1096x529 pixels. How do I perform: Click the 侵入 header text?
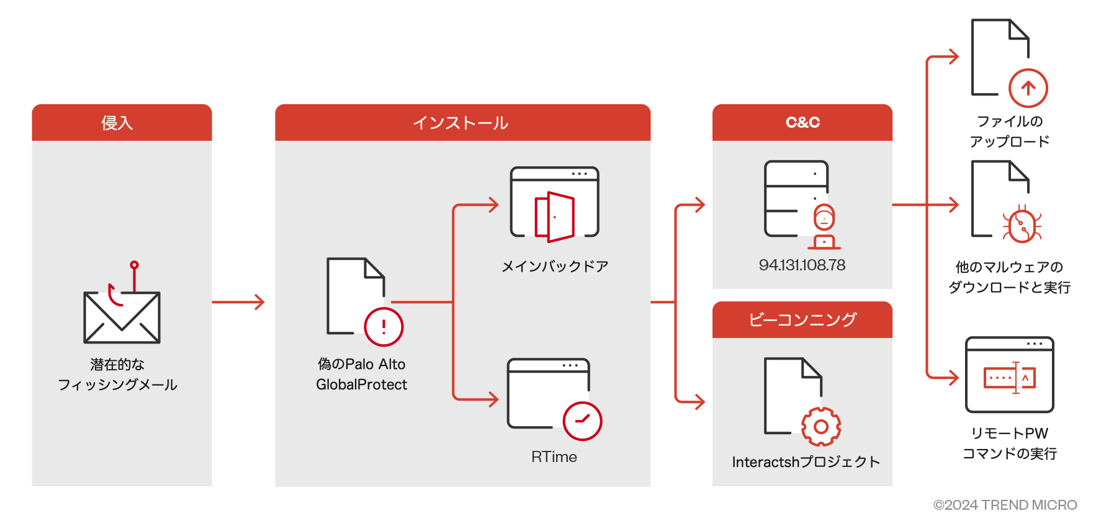pos(117,123)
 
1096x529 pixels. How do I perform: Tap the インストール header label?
pos(461,123)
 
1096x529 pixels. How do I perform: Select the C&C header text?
pos(802,123)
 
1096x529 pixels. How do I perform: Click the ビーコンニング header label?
pos(802,320)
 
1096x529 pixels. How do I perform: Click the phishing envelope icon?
pos(122,318)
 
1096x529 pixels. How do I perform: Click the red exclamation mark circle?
pos(384,327)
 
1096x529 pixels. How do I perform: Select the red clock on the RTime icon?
pos(582,421)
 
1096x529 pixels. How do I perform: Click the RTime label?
pos(554,457)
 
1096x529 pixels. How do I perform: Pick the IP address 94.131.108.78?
pos(802,265)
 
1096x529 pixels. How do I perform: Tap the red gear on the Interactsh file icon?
pos(820,427)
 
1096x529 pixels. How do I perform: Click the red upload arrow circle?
pos(1028,88)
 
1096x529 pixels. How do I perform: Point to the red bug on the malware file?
pos(1022,225)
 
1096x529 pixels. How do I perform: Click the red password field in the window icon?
pos(1009,378)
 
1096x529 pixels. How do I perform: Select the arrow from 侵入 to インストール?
pos(238,302)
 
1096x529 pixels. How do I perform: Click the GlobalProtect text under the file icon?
pos(361,385)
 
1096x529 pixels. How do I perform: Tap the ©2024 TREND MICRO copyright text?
pos(1005,505)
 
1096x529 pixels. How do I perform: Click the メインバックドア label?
pos(555,267)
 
